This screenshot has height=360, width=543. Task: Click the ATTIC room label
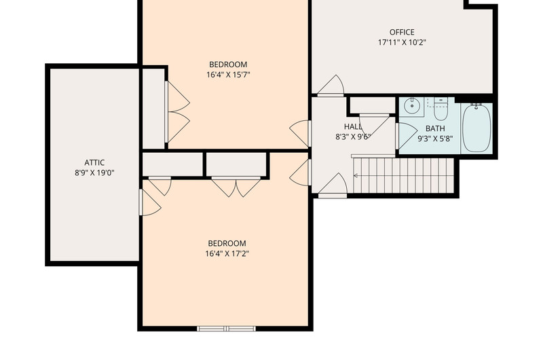pyautogui.click(x=94, y=162)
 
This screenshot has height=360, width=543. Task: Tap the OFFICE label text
pyautogui.click(x=402, y=32)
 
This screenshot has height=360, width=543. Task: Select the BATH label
pyautogui.click(x=435, y=128)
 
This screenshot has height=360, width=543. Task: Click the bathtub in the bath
pyautogui.click(x=476, y=128)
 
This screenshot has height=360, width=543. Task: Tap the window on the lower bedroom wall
pyautogui.click(x=227, y=329)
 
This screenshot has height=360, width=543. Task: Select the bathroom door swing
pyautogui.click(x=406, y=136)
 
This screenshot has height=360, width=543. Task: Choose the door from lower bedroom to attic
pyautogui.click(x=150, y=202)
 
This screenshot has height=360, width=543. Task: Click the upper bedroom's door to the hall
pyautogui.click(x=300, y=133)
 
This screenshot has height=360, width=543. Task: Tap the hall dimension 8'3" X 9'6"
pyautogui.click(x=352, y=137)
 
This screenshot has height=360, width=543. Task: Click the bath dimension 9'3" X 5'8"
pyautogui.click(x=435, y=139)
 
